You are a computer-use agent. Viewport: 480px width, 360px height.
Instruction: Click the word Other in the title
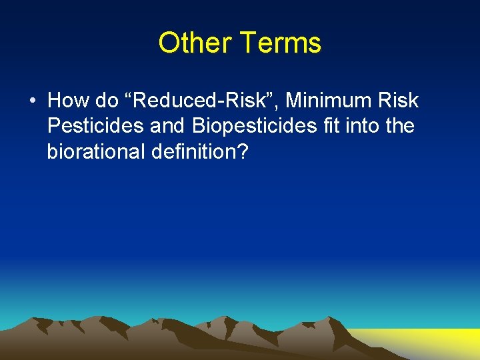194,43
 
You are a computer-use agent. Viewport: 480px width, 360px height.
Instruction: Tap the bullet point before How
32,101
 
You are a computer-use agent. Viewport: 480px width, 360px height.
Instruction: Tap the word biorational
95,151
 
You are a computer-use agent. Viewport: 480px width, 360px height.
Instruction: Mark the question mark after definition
243,151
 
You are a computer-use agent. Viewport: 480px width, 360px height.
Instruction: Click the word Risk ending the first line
399,101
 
